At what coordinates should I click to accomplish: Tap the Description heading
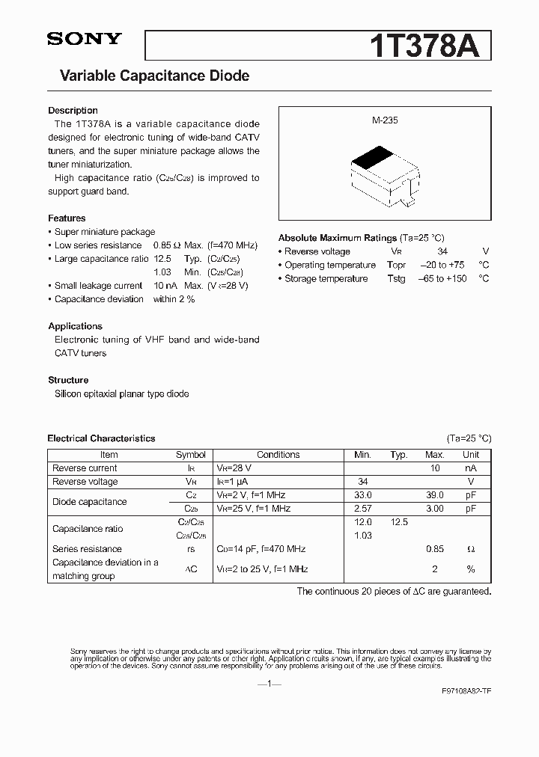(x=73, y=111)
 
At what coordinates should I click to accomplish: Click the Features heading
(x=67, y=218)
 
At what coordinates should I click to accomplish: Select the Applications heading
(x=75, y=326)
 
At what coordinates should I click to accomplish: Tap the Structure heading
(x=68, y=380)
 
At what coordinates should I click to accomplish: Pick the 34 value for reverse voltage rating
(x=442, y=252)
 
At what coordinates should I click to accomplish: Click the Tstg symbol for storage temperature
(x=396, y=279)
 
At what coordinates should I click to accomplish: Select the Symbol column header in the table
(x=190, y=455)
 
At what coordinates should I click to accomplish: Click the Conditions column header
(x=278, y=455)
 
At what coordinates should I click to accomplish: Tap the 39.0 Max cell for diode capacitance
(x=435, y=495)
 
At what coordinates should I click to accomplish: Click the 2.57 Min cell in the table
(x=362, y=509)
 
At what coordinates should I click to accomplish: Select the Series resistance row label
(x=87, y=549)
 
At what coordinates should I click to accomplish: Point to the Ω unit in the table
(x=470, y=549)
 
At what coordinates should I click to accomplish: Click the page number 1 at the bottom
(x=269, y=684)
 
